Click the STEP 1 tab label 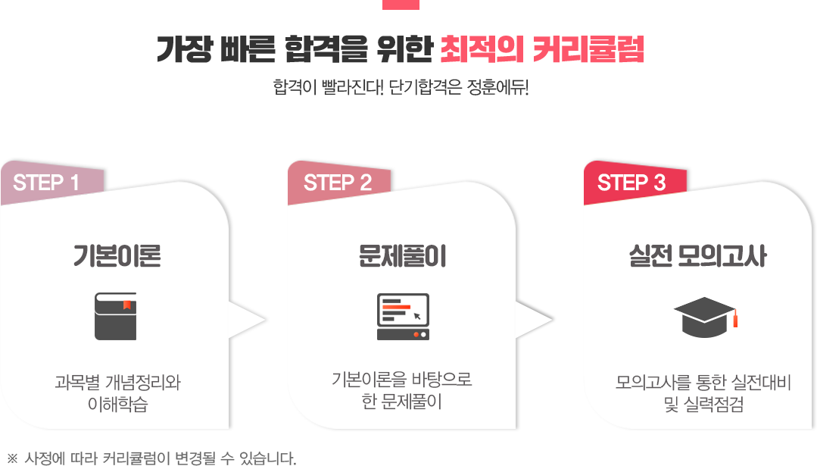coord(46,183)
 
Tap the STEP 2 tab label coord(338,183)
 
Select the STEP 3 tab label coord(631,183)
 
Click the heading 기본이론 coord(117,256)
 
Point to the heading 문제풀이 coord(402,256)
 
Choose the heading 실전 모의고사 coord(697,256)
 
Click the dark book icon coord(115,317)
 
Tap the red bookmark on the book coord(126,305)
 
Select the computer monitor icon coord(403,317)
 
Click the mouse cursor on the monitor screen coord(417,316)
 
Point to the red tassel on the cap coord(735,318)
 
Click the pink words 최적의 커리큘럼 coord(542,49)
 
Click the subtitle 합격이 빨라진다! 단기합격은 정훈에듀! coord(401,87)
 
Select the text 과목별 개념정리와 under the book coord(118,382)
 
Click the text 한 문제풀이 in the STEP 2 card coord(402,402)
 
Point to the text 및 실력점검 coord(703,404)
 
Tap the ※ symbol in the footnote coord(13,458)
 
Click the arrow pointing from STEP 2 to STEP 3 coord(534,320)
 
